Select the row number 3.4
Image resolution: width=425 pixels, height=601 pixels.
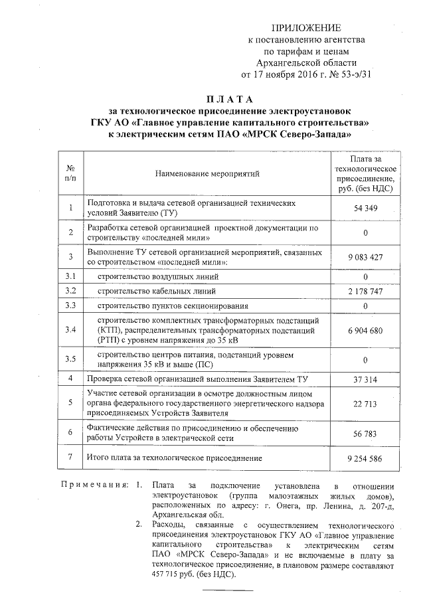pyautogui.click(x=71, y=330)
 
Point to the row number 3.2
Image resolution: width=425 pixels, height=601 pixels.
pyautogui.click(x=71, y=291)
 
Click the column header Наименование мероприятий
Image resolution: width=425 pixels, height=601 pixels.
pyautogui.click(x=207, y=174)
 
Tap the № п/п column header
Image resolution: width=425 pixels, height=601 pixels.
pyautogui.click(x=71, y=174)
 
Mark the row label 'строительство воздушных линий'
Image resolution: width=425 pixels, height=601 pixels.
pyautogui.click(x=155, y=276)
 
